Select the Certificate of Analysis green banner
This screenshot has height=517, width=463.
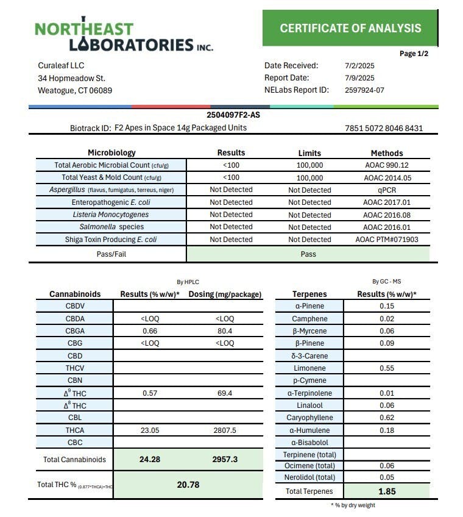pos(350,28)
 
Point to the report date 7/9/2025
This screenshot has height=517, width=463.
pos(359,77)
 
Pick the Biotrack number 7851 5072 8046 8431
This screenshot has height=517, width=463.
pos(383,128)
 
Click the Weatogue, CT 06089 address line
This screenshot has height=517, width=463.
pos(75,90)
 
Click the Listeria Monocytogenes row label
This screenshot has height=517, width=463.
pos(110,215)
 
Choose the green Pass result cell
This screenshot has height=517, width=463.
pos(308,254)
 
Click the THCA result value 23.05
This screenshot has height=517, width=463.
pos(150,430)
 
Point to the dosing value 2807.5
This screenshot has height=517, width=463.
pos(225,430)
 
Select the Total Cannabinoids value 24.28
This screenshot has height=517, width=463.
pos(150,459)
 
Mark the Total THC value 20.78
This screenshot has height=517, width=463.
pos(188,485)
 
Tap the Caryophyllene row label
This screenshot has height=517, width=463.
pos(309,418)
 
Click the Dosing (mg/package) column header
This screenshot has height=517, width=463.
pos(225,294)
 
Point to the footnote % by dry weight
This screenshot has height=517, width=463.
pos(353,505)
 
